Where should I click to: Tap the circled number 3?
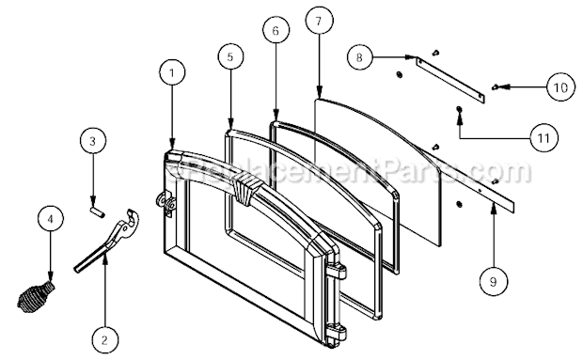(x=91, y=144)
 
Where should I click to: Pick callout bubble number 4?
(x=51, y=221)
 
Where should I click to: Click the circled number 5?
(x=231, y=55)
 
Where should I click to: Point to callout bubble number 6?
(x=276, y=31)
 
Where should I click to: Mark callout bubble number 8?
(x=358, y=56)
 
